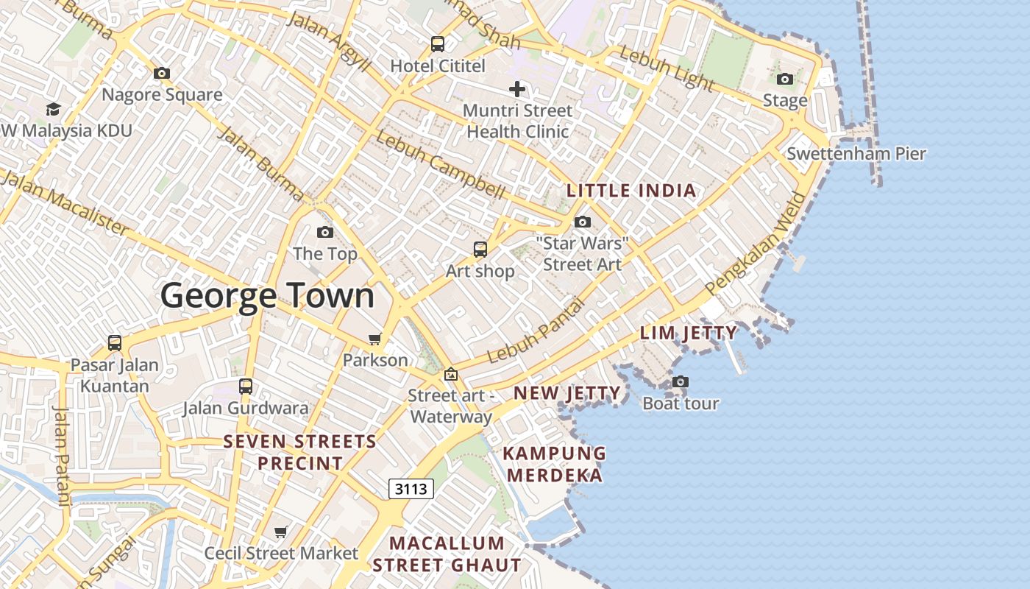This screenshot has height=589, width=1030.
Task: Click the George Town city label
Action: (x=267, y=296)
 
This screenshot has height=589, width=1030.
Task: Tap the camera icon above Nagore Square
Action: (x=162, y=74)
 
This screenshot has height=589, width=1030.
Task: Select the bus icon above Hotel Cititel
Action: (x=438, y=44)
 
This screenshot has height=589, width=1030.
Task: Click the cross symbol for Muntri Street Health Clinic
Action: (x=517, y=90)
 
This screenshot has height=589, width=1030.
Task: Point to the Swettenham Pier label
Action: (x=856, y=154)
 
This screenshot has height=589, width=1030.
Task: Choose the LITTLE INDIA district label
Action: (x=631, y=191)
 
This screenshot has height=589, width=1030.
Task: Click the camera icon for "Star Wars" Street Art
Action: (x=583, y=222)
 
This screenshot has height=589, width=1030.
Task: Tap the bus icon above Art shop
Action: (x=480, y=250)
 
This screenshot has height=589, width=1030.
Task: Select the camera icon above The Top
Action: (x=324, y=233)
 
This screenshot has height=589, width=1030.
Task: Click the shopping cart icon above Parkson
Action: (x=375, y=339)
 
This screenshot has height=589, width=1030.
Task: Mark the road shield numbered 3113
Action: (x=411, y=489)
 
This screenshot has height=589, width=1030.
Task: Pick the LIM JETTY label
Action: (x=688, y=333)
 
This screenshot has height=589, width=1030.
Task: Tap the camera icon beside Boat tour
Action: (x=681, y=382)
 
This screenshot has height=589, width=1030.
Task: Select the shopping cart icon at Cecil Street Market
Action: (x=280, y=532)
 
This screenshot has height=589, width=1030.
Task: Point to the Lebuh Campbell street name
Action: (x=440, y=166)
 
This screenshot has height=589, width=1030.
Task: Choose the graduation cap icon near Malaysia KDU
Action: (x=53, y=110)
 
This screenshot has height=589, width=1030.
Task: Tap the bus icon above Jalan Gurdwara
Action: (x=246, y=387)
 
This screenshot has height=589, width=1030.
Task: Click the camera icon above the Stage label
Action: (x=785, y=80)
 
